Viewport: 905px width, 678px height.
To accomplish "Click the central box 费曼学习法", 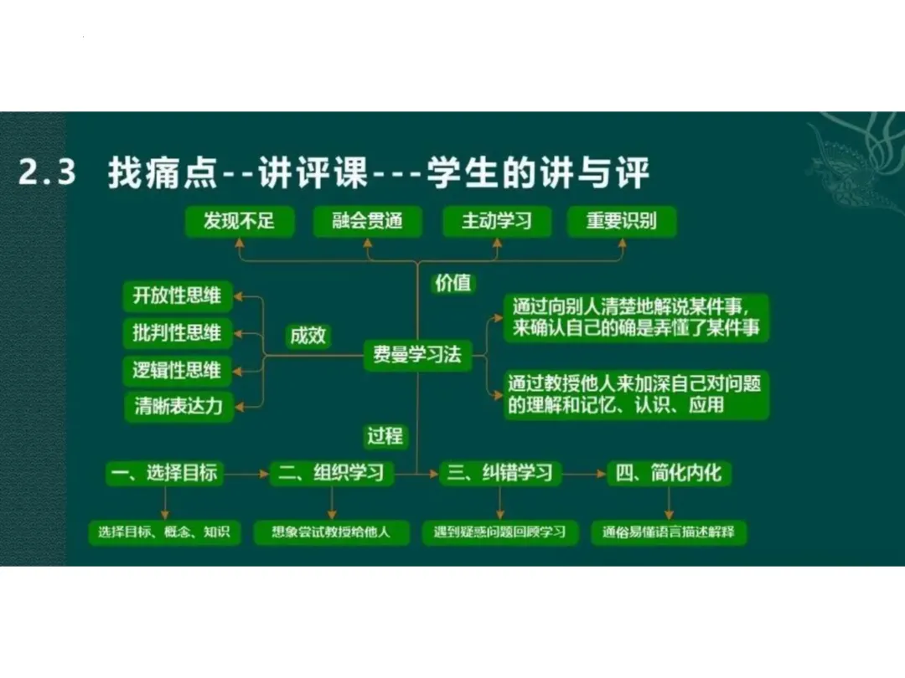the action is (x=417, y=354).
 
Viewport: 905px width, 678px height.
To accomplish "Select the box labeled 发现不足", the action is (x=239, y=221).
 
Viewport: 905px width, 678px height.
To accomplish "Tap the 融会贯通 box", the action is (x=368, y=221).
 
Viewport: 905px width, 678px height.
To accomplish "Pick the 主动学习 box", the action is (x=496, y=221).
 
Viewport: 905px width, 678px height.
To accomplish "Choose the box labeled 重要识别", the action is (x=621, y=221).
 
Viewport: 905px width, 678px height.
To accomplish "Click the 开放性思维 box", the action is (x=178, y=295).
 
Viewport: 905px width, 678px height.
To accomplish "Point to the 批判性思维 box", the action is (x=178, y=332).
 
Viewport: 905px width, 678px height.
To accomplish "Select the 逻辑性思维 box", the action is (x=178, y=369).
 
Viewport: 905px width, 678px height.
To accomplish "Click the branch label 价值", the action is (x=452, y=283).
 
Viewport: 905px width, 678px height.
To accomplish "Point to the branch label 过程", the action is (x=385, y=435).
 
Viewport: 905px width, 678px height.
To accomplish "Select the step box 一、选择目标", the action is (x=165, y=474).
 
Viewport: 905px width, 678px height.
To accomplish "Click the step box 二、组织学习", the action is (x=332, y=474).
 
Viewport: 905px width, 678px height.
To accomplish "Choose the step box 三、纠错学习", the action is (x=499, y=474).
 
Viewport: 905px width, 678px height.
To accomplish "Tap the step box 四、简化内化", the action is (x=669, y=474).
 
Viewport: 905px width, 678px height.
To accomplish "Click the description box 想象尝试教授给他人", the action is (x=332, y=532).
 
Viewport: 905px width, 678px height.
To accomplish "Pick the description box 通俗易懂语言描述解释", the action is (x=669, y=532).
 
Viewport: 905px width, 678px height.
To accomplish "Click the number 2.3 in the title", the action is (x=48, y=174).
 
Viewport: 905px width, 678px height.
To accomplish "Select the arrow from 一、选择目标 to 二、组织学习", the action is (x=246, y=475).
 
